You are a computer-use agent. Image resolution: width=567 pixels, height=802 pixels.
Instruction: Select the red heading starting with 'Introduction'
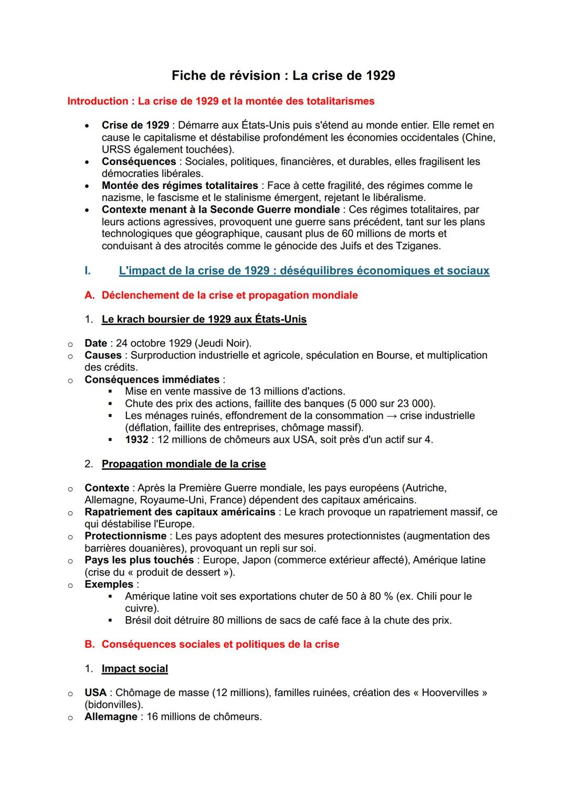click(x=220, y=101)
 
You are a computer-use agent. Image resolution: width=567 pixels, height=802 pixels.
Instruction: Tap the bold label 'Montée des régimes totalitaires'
click(x=180, y=186)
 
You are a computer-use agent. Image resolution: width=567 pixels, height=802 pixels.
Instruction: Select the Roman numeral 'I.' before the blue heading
click(x=88, y=271)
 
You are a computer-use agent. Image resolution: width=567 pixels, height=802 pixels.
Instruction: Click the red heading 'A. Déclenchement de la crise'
click(x=221, y=296)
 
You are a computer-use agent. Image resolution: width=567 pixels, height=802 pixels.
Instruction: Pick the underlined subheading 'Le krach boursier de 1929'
click(x=204, y=320)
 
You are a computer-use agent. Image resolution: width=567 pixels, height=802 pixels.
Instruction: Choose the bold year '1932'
click(x=136, y=440)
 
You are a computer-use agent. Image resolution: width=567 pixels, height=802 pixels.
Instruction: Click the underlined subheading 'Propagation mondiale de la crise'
click(x=184, y=465)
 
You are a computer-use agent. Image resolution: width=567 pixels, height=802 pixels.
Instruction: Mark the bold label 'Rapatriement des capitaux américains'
click(x=180, y=512)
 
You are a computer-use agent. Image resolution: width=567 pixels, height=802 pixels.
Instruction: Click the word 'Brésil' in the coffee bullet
click(x=139, y=620)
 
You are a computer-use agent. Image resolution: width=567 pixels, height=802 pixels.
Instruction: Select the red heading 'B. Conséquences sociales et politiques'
click(x=212, y=645)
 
